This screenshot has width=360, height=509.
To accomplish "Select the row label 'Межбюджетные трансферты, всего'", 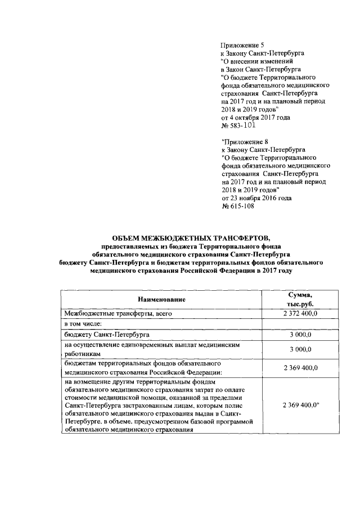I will tap(114, 313).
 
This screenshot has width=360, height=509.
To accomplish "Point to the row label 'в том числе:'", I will tap(84, 325).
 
